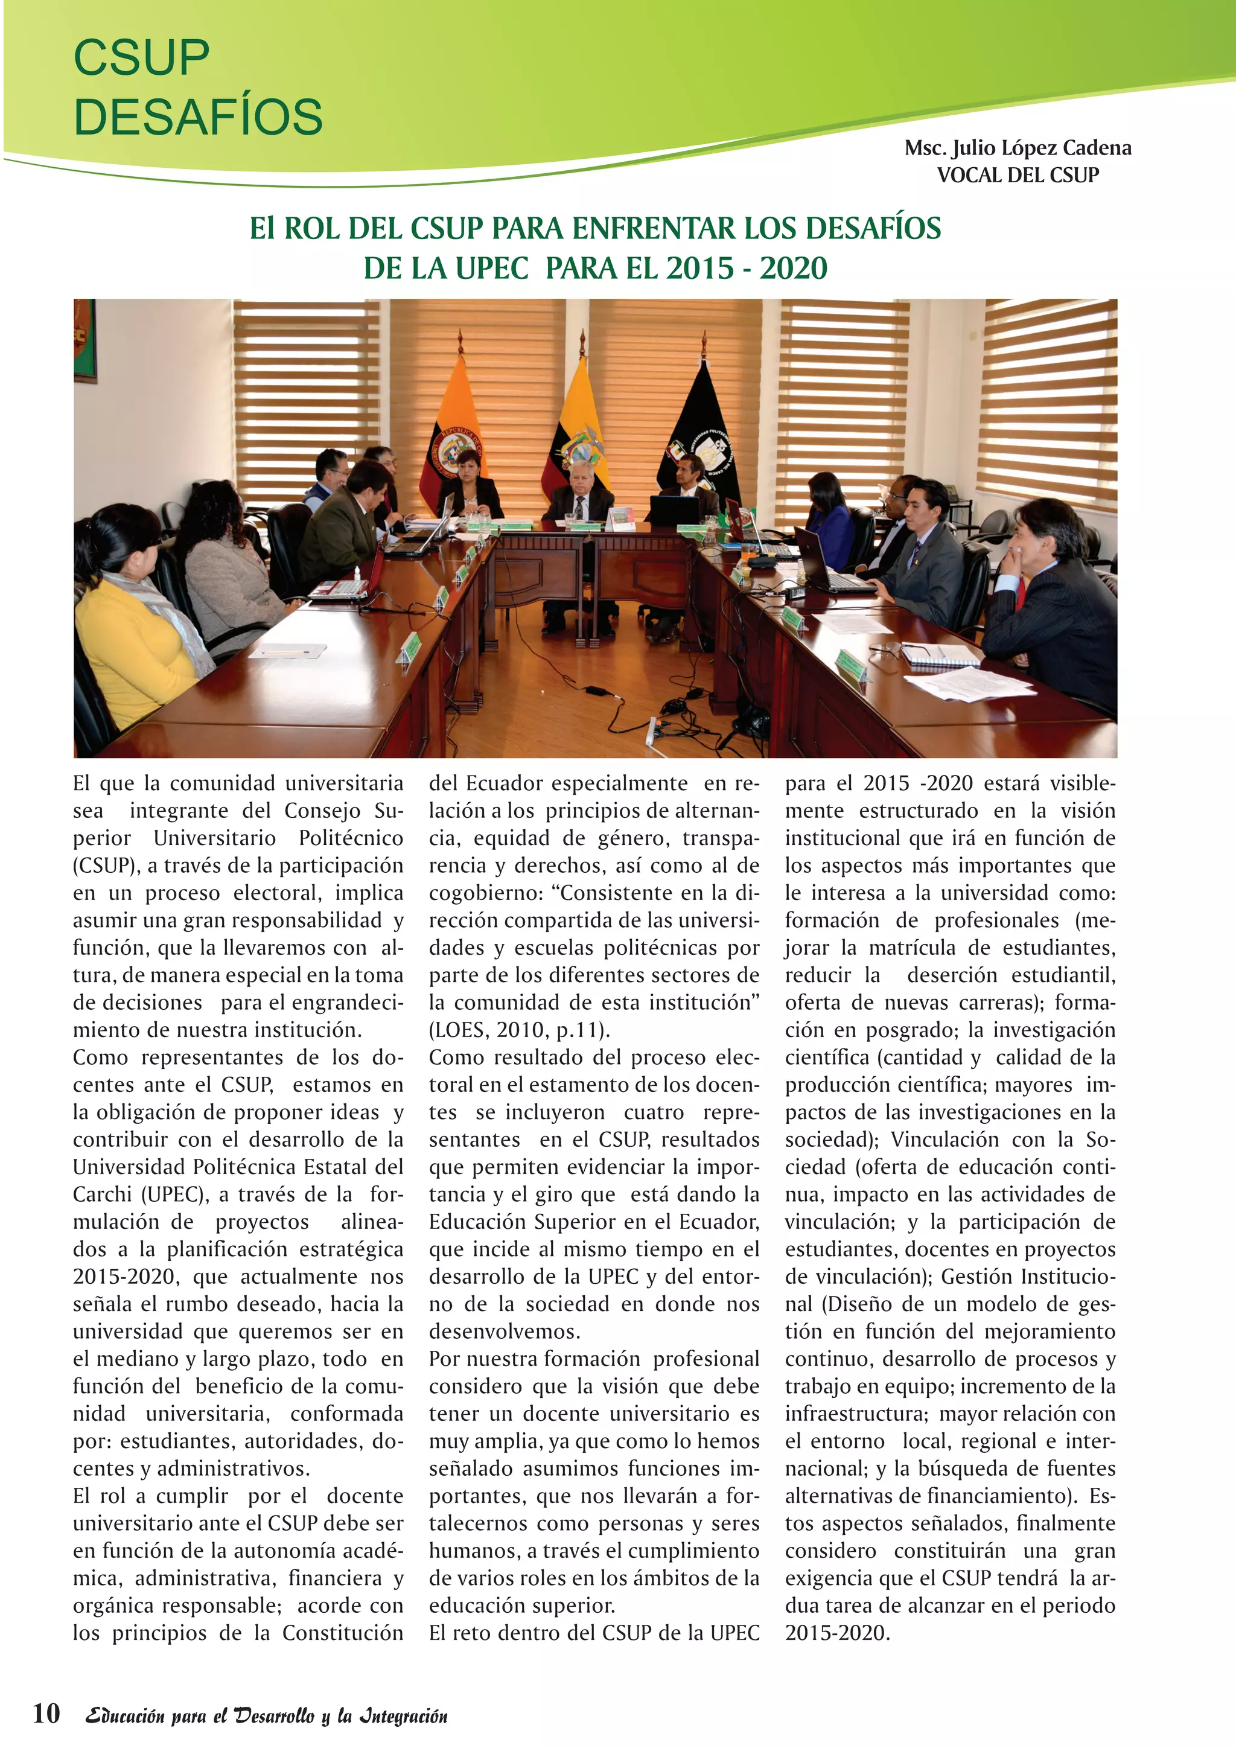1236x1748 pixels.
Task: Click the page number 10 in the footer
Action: (x=46, y=1713)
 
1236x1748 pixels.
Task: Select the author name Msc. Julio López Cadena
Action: (x=1018, y=148)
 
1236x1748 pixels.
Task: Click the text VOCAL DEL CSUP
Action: (x=1018, y=175)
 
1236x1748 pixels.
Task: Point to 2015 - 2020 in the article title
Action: (x=747, y=268)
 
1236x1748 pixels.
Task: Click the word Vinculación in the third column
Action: (x=941, y=1140)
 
